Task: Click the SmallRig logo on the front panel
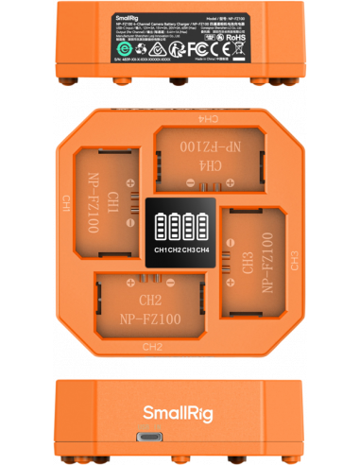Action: click(179, 410)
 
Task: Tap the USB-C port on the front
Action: click(180, 439)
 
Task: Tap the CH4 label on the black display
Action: click(202, 250)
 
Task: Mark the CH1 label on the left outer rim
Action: click(65, 203)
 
